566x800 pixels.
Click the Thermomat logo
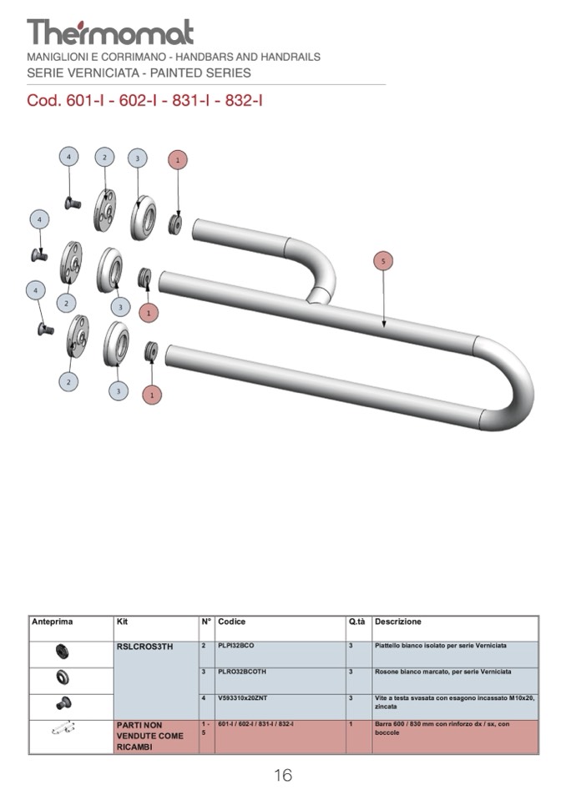(110, 32)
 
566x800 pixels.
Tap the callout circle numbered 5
(383, 261)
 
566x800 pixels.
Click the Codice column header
(232, 622)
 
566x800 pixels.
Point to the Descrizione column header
(398, 622)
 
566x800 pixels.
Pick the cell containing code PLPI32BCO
(236, 646)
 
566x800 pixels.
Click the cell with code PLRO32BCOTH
(241, 672)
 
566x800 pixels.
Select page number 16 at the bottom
(283, 776)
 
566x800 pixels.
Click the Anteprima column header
(53, 622)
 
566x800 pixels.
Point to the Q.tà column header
(357, 622)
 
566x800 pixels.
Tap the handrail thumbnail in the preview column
(63, 729)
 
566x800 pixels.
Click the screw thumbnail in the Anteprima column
(63, 703)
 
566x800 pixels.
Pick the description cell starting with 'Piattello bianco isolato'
(441, 646)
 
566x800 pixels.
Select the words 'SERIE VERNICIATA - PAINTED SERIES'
(139, 73)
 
